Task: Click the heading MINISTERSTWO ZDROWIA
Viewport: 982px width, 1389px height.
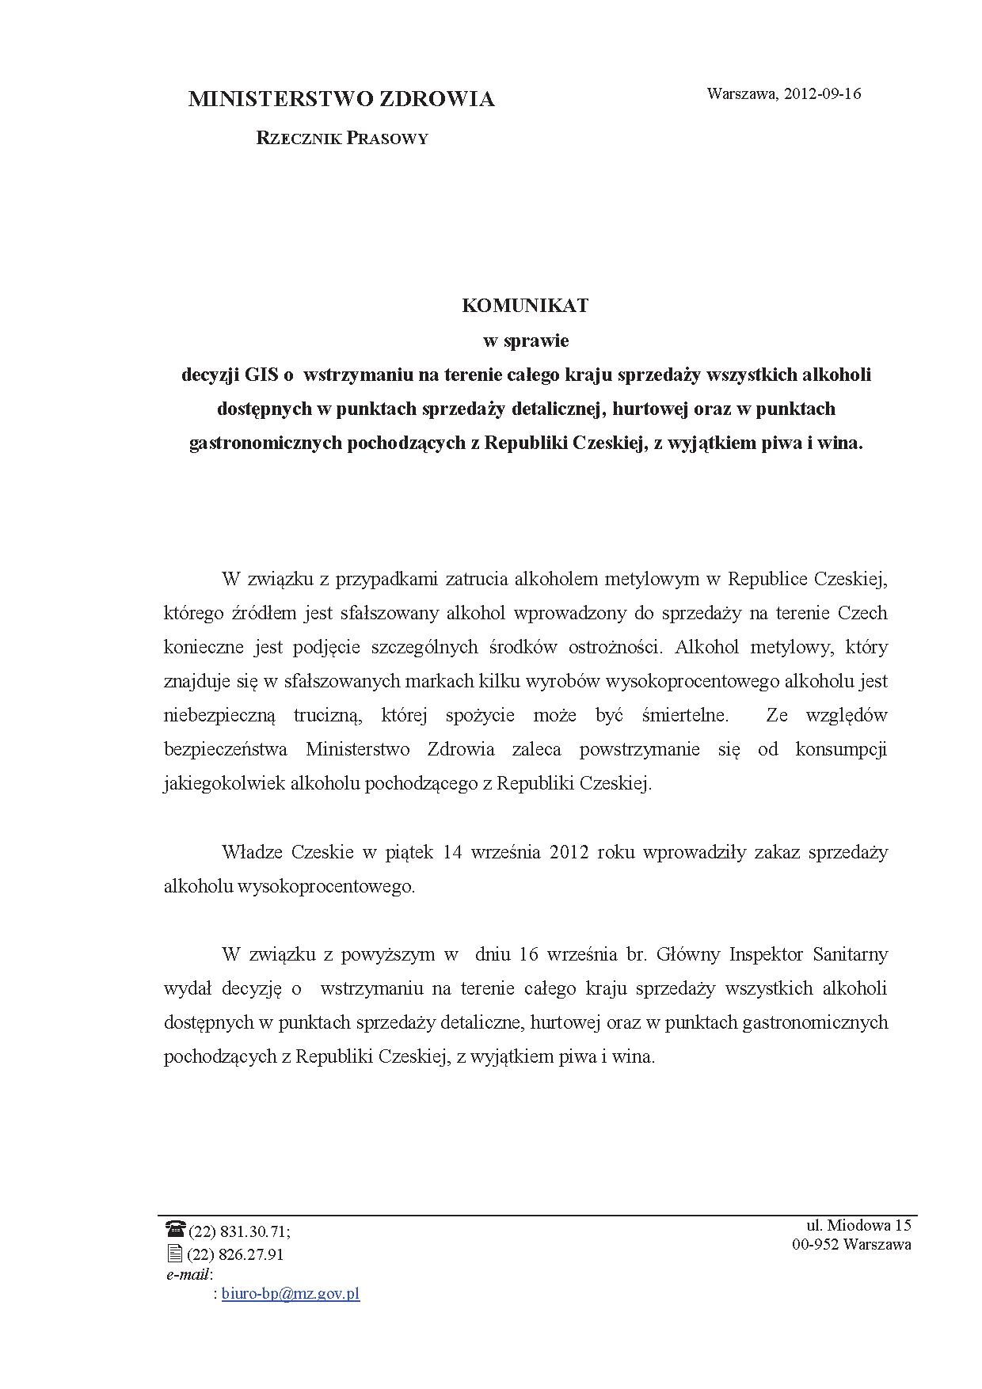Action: [341, 100]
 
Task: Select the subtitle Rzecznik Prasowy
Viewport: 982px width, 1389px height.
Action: [342, 139]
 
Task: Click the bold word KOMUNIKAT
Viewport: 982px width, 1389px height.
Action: [525, 306]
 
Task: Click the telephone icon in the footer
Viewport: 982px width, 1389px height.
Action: [174, 1228]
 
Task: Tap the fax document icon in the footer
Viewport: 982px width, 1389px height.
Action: [174, 1254]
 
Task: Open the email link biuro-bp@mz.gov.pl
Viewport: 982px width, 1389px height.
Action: [291, 1294]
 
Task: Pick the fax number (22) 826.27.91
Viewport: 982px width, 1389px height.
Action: [235, 1254]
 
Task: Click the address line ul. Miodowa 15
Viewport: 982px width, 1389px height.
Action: [858, 1225]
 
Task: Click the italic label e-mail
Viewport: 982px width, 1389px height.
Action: [188, 1274]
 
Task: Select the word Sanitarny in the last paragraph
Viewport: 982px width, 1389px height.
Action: [850, 954]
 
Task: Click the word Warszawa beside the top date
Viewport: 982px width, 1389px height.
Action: [741, 94]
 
